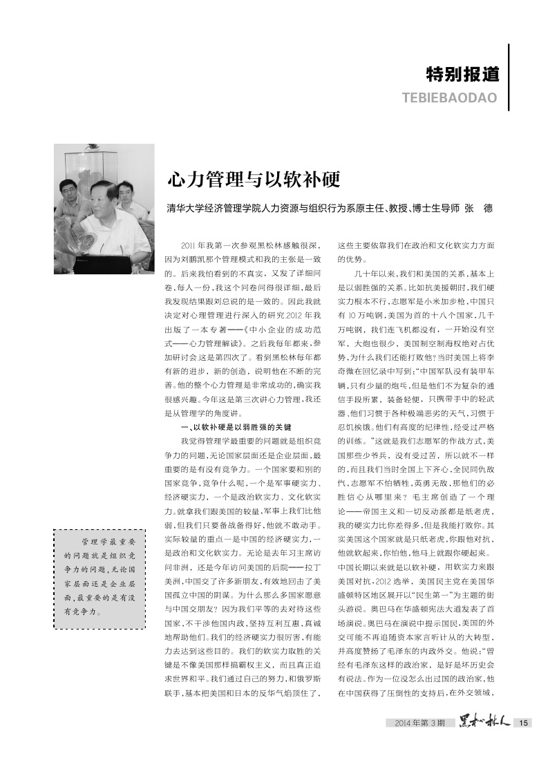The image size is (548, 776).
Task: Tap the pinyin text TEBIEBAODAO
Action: pyautogui.click(x=450, y=97)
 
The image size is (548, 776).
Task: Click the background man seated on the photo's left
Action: pyautogui.click(x=69, y=200)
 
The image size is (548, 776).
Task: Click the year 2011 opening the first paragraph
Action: pyautogui.click(x=188, y=246)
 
